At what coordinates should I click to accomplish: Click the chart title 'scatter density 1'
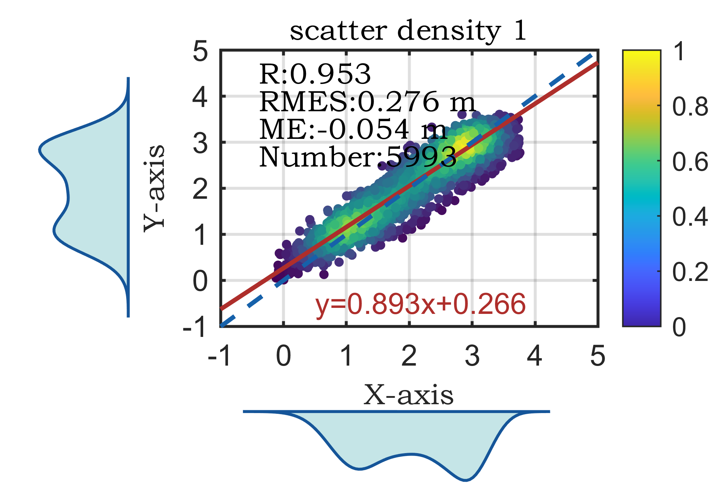click(408, 31)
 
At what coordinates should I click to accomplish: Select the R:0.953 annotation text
click(315, 75)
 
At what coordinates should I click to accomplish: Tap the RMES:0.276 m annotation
click(367, 102)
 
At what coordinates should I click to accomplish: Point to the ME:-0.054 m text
click(353, 130)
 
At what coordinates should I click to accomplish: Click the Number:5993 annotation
click(357, 157)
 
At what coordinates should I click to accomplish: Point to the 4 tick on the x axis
click(534, 356)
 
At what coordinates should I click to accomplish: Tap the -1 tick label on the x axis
click(220, 356)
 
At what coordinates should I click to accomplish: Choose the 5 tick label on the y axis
click(200, 52)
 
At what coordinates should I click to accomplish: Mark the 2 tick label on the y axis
click(200, 189)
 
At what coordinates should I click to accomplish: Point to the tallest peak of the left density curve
click(40, 150)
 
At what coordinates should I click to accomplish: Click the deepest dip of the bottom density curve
click(466, 480)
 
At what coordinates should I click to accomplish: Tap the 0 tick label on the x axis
click(283, 356)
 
